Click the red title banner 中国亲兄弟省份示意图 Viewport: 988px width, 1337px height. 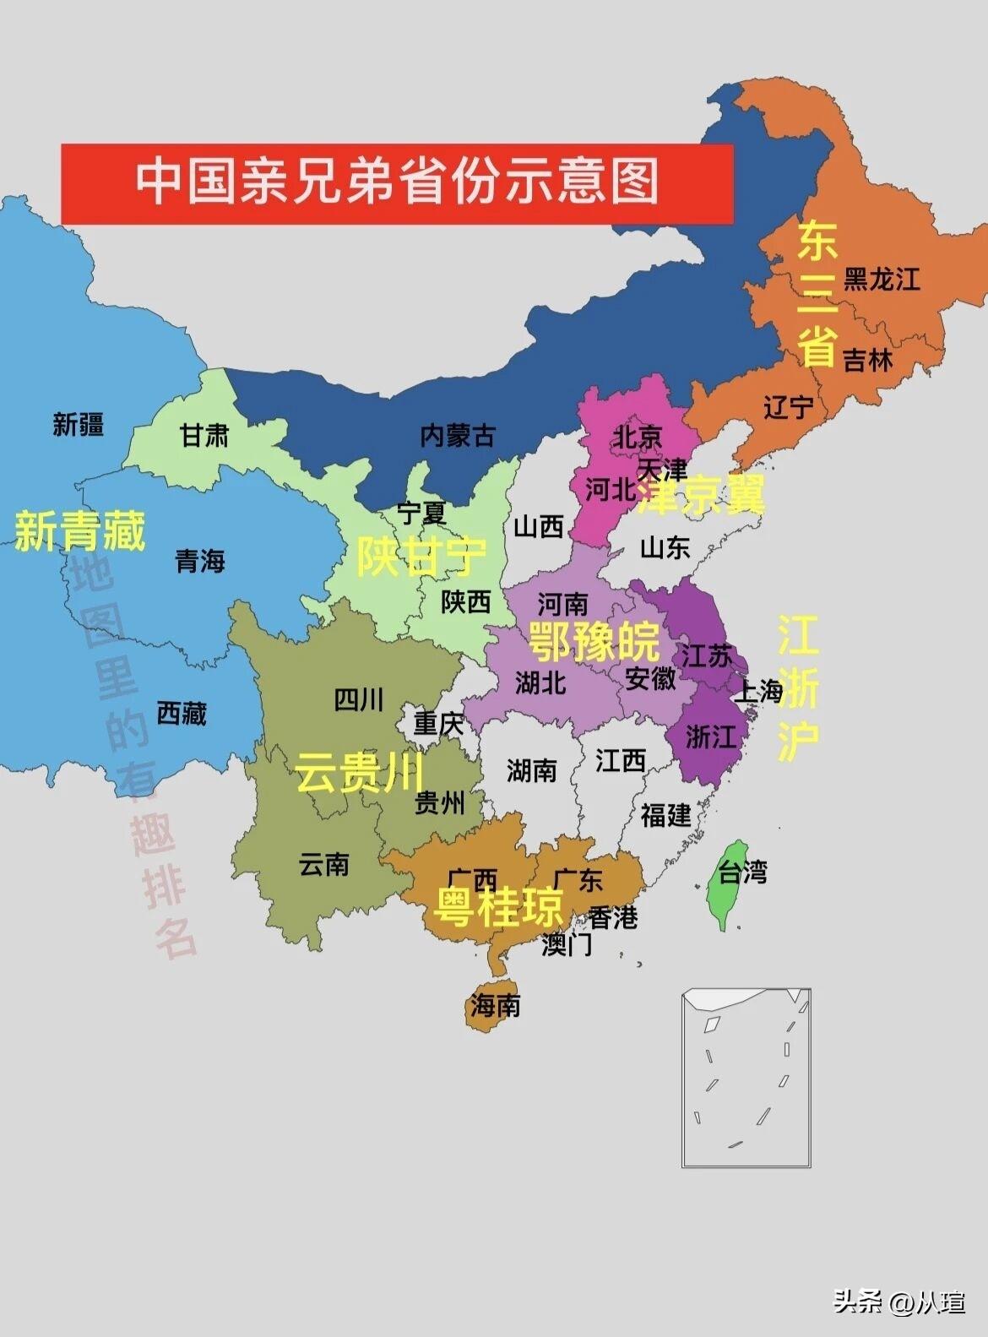(397, 183)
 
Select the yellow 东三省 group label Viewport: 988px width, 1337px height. (817, 293)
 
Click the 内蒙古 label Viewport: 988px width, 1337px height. (457, 436)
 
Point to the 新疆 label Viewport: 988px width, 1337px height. (78, 423)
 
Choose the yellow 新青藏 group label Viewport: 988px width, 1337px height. (80, 531)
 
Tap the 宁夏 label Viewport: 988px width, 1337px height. (421, 512)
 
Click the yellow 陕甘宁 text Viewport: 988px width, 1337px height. (421, 556)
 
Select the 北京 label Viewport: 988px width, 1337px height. (638, 437)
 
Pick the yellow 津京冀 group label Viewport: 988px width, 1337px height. (701, 494)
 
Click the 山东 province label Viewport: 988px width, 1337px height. (665, 547)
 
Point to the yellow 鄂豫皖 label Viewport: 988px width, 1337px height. (594, 641)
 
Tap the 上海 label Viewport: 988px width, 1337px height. (758, 692)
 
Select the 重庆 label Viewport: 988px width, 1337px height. (438, 724)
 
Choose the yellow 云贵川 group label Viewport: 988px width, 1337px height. (359, 772)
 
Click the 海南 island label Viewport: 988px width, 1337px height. (496, 1005)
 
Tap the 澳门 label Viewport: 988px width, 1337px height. (567, 944)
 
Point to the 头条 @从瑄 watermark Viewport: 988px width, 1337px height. (899, 1302)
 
